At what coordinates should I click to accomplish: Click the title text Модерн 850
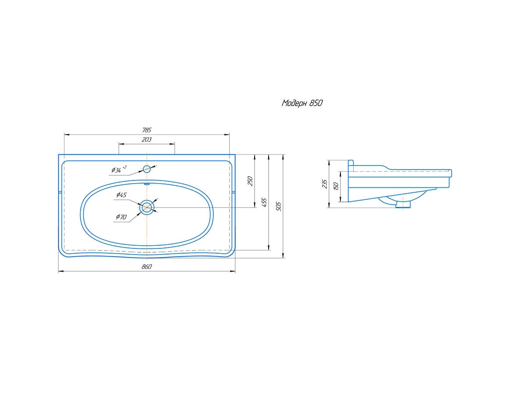[x=302, y=103]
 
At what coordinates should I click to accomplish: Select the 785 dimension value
[x=147, y=130]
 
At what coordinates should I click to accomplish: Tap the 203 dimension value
[x=147, y=139]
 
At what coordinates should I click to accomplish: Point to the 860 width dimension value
[x=147, y=267]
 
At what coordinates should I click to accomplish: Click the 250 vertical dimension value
[x=250, y=181]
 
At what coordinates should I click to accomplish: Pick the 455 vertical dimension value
[x=264, y=202]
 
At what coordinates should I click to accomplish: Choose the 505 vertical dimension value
[x=278, y=206]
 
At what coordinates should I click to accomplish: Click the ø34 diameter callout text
[x=119, y=169]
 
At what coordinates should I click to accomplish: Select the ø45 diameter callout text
[x=121, y=195]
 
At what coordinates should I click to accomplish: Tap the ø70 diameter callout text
[x=121, y=217]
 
